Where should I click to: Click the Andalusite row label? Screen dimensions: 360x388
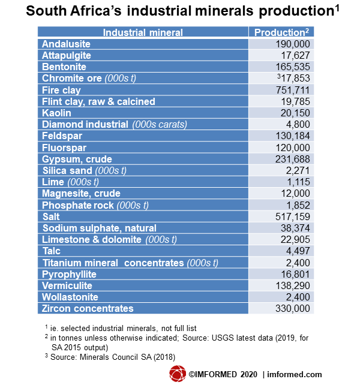pyautogui.click(x=66, y=44)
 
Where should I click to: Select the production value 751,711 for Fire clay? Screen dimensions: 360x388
pyautogui.click(x=293, y=90)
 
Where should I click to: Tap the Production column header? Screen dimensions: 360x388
pyautogui.click(x=281, y=32)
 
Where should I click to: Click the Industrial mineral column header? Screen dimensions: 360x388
pyautogui.click(x=143, y=32)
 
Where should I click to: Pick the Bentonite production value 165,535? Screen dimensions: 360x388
pyautogui.click(x=293, y=67)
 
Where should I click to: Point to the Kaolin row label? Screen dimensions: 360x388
pyautogui.click(x=56, y=113)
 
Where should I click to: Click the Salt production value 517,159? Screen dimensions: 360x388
pyautogui.click(x=293, y=216)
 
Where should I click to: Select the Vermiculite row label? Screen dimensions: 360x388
pyautogui.click(x=67, y=286)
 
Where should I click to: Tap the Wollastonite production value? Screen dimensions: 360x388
pyautogui.click(x=298, y=297)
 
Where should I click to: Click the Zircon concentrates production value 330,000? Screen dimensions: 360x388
pyautogui.click(x=293, y=309)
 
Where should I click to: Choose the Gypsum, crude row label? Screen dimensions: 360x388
pyautogui.click(x=77, y=160)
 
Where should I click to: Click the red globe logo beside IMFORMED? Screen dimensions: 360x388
pyautogui.click(x=178, y=374)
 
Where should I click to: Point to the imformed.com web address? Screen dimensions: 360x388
pyautogui.click(x=295, y=374)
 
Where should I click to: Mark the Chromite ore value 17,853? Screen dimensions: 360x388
pyautogui.click(x=293, y=78)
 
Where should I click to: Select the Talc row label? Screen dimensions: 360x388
pyautogui.click(x=52, y=251)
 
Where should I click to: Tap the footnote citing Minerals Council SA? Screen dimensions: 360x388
pyautogui.click(x=110, y=357)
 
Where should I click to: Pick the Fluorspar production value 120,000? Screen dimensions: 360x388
pyautogui.click(x=293, y=148)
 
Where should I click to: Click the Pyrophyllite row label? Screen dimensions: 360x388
pyautogui.click(x=69, y=275)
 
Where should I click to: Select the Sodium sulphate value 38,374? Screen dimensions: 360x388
pyautogui.click(x=295, y=228)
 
